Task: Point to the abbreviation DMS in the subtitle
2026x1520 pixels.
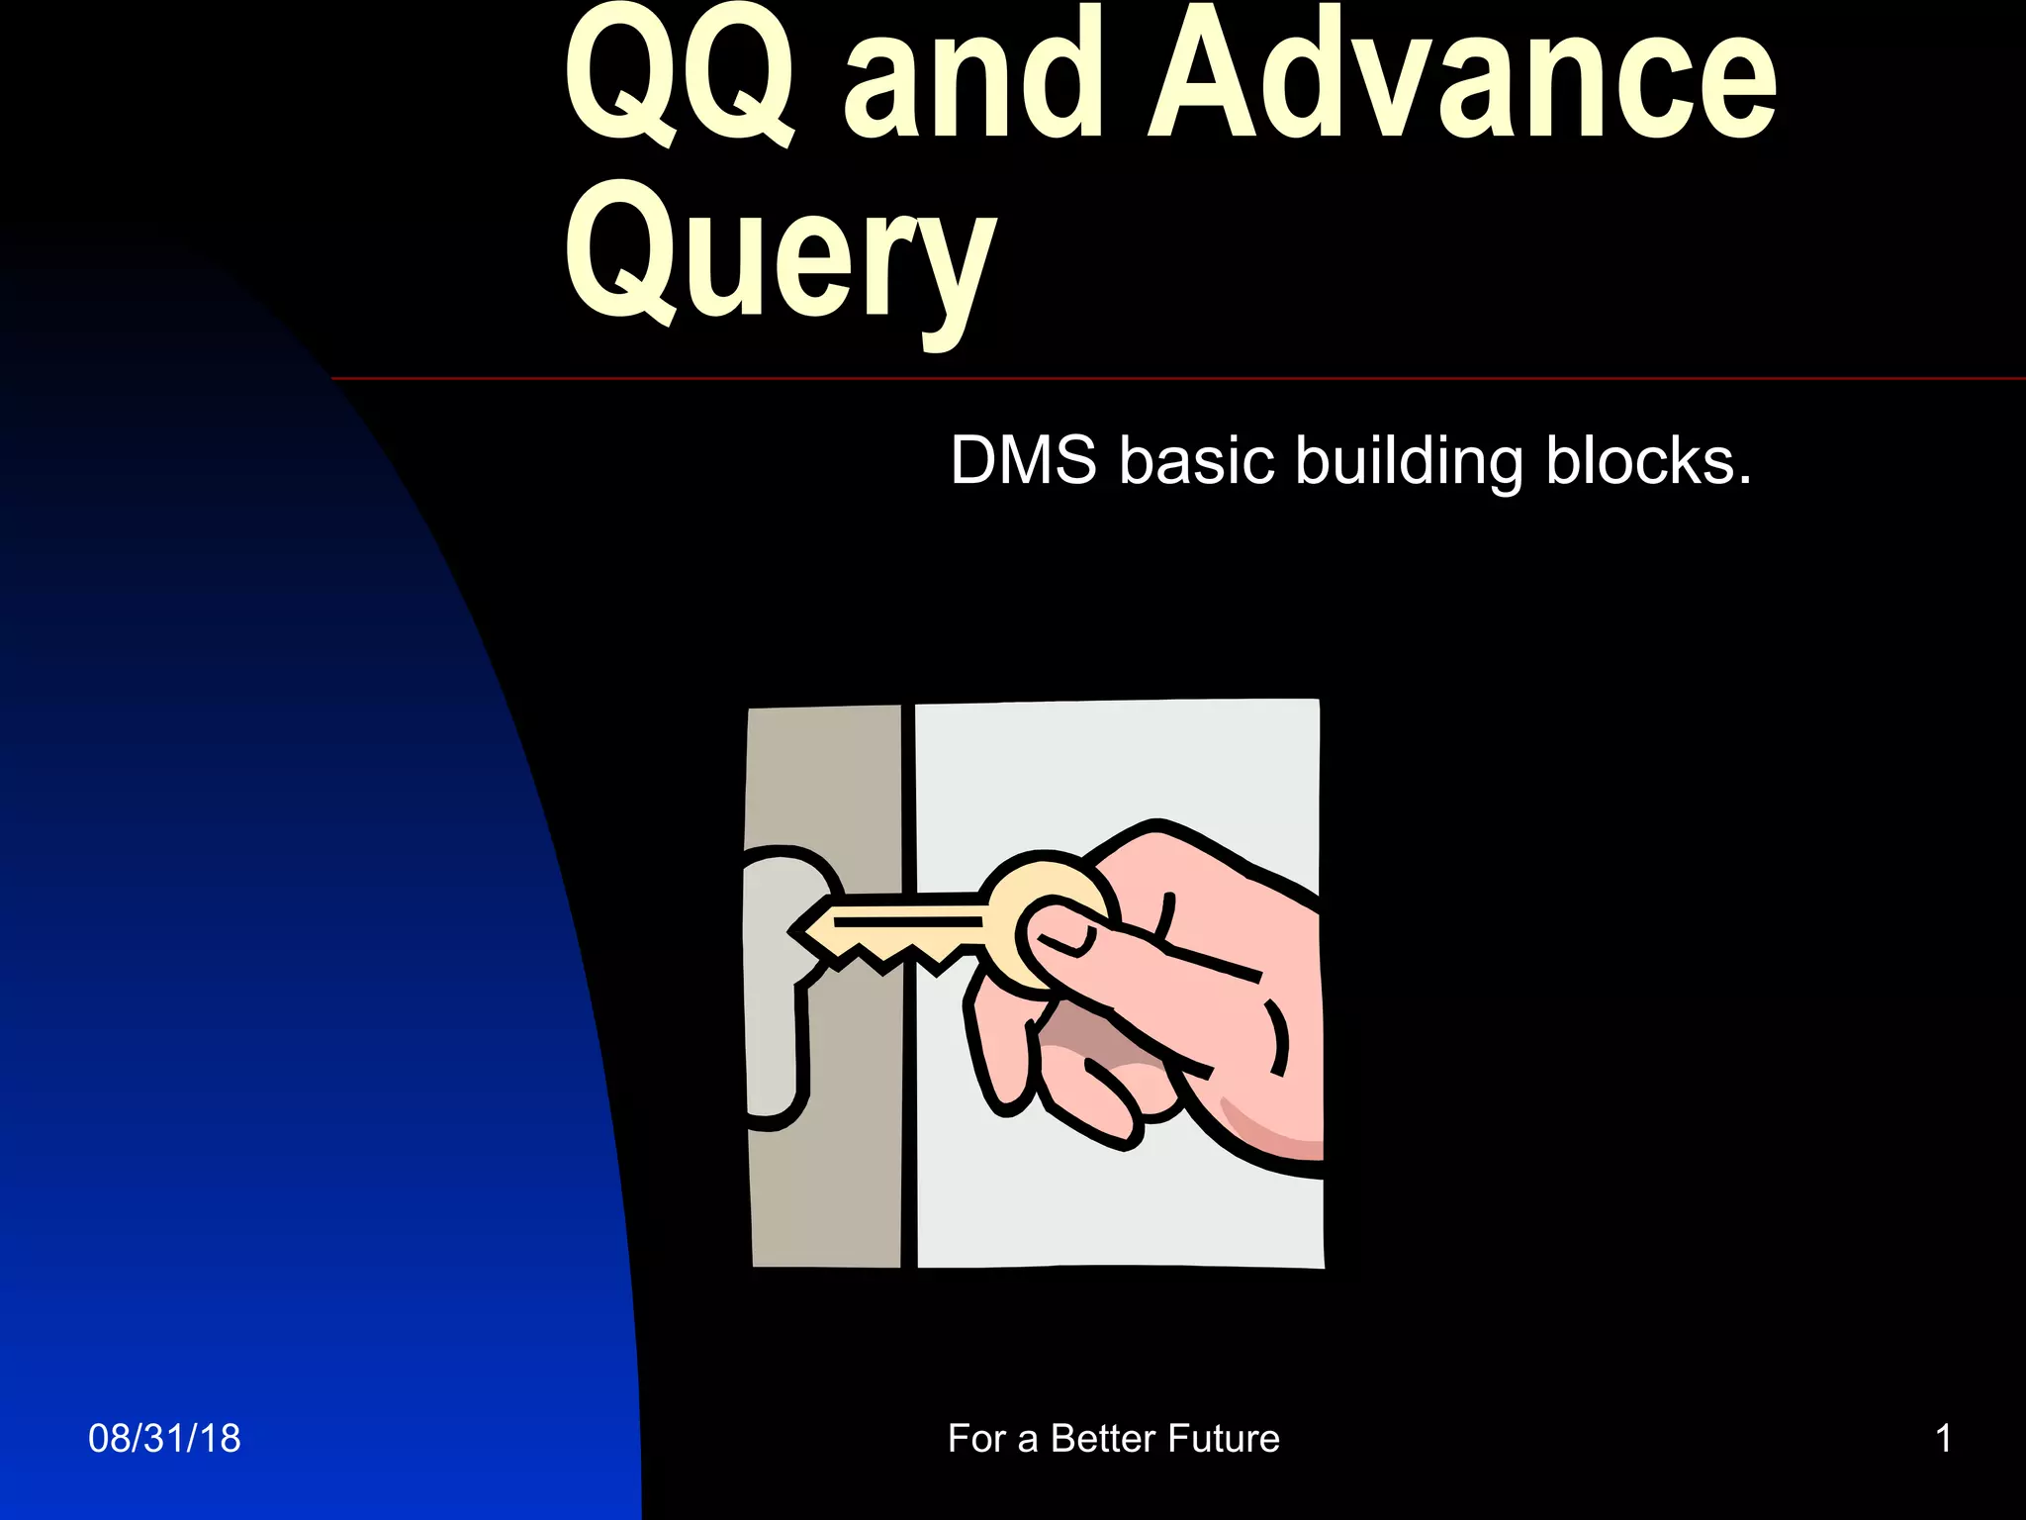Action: tap(1023, 461)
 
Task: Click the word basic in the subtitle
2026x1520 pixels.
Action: tap(1196, 461)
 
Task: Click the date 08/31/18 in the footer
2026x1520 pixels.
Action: tap(164, 1439)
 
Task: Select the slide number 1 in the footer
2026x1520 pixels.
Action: tap(1943, 1439)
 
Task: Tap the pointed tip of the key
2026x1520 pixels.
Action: tap(799, 931)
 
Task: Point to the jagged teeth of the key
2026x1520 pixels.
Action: tap(890, 955)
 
